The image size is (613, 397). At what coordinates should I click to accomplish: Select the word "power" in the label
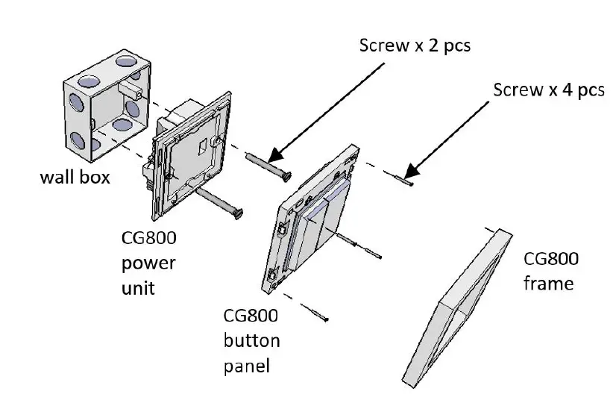(x=148, y=263)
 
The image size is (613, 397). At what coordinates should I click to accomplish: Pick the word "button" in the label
(x=251, y=341)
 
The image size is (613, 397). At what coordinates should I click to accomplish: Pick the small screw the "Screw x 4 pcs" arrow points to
(x=403, y=178)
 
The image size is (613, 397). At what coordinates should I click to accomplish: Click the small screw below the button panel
(x=318, y=316)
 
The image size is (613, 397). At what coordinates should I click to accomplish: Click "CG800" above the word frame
(x=551, y=259)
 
